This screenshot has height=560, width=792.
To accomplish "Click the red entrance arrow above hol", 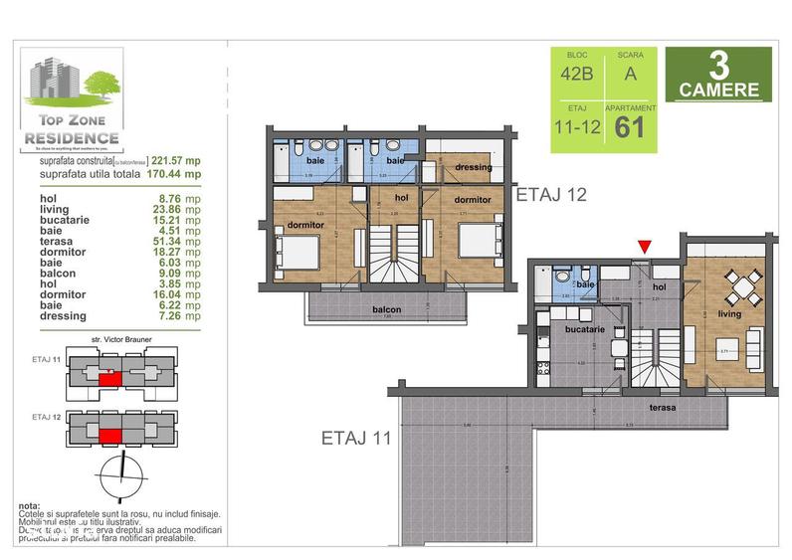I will coord(646,246).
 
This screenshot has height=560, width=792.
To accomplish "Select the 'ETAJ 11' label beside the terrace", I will coord(354,436).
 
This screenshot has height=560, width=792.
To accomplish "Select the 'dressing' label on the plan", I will coord(474,167).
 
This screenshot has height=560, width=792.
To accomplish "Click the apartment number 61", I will coord(631,127).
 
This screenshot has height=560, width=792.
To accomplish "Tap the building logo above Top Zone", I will coord(70,80).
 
